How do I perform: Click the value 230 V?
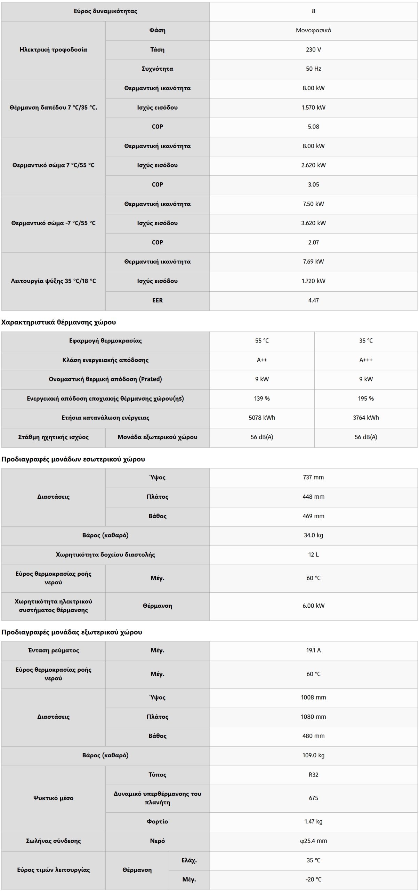tap(313, 50)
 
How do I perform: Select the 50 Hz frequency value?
tap(313, 69)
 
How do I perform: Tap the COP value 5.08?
tap(313, 127)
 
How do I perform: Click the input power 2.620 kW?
tap(313, 165)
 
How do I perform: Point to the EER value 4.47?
tap(313, 300)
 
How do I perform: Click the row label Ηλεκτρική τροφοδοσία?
tap(53, 50)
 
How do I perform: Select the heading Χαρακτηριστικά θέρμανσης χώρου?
tap(58, 322)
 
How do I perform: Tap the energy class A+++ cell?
tap(366, 360)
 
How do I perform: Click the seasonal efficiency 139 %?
tap(262, 399)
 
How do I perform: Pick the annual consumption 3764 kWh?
tap(366, 418)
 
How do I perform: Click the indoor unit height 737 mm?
tap(313, 478)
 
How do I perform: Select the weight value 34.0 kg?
tap(313, 535)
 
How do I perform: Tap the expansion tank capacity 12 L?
tap(313, 555)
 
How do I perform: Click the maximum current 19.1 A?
tap(313, 650)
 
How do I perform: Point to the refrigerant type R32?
tap(313, 775)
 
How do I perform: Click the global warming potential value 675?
tap(313, 798)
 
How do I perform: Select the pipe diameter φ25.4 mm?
tap(313, 841)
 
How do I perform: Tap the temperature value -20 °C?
tap(313, 880)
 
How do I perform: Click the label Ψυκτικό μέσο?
tap(53, 798)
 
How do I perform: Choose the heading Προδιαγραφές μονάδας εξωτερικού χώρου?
tap(72, 632)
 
